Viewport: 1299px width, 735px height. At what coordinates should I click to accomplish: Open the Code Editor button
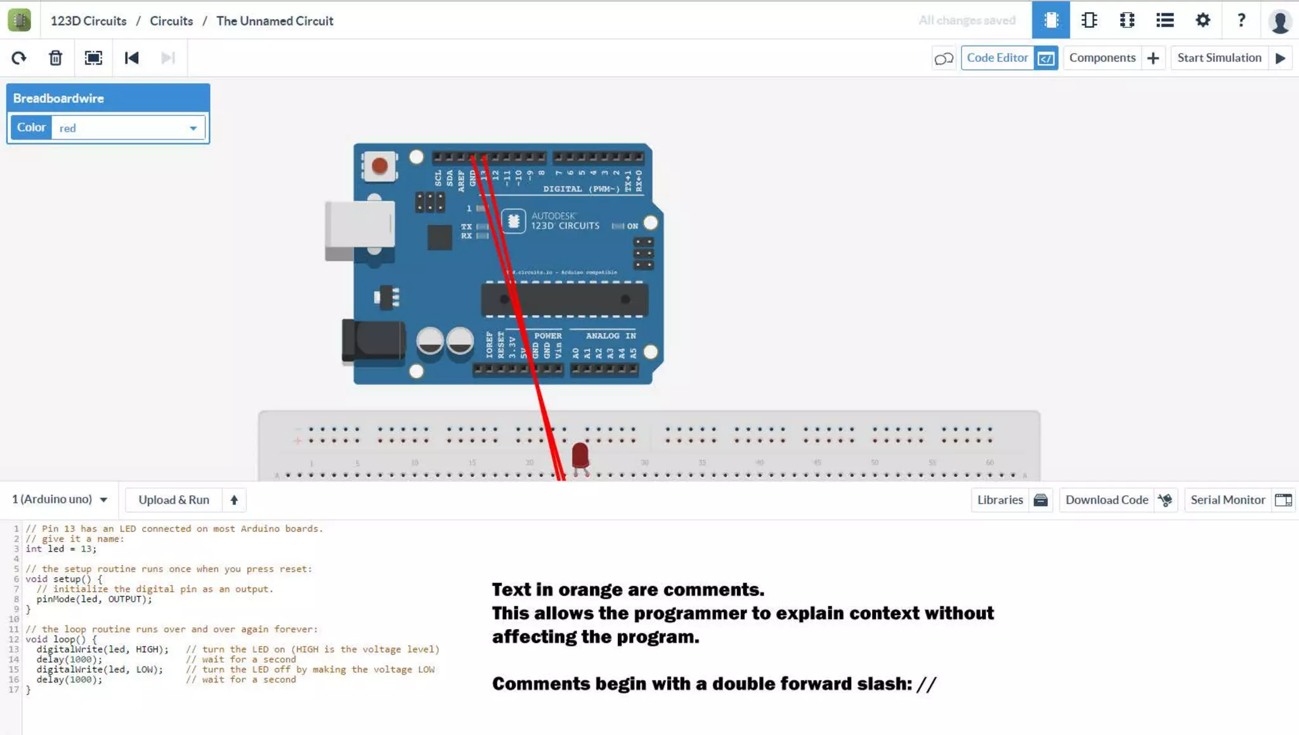1009,58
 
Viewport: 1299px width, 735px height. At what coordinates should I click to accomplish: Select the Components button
1113,58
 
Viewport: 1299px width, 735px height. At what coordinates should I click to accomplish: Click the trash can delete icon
56,58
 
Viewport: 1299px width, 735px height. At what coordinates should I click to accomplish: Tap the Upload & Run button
174,500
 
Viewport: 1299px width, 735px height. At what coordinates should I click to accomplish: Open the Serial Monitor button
1239,500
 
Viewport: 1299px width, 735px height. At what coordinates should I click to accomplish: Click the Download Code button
1118,500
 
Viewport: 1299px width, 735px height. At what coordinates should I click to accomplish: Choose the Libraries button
1011,500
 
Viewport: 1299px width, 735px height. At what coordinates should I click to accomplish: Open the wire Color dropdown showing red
128,128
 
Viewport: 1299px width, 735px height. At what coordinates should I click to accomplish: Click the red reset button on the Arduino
379,166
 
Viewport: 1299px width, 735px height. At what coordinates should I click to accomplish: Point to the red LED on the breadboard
580,455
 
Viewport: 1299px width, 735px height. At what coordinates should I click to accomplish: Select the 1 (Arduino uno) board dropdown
60,500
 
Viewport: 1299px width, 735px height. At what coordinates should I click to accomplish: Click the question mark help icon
1241,20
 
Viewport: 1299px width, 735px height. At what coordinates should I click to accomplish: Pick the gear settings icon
1203,20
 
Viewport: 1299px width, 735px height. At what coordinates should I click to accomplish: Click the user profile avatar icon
1280,21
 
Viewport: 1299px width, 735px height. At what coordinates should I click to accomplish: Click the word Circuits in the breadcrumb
171,21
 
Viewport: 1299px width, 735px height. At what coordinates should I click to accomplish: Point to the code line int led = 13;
61,549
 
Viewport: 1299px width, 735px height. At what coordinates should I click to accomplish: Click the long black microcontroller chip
565,299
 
